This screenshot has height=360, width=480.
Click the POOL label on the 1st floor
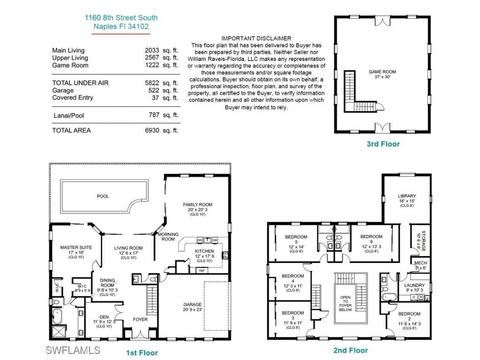pos(103,196)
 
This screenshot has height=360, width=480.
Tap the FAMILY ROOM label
pos(197,204)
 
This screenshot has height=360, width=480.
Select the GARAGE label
pos(193,304)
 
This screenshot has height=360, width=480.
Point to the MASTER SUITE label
pos(76,247)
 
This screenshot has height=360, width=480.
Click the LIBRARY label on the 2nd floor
pos(407,196)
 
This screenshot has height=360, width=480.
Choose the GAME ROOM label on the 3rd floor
pos(382,72)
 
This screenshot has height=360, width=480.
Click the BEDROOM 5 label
pos(296,237)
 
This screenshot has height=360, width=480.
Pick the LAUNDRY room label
pos(414,285)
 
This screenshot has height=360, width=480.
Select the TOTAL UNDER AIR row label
pos(80,83)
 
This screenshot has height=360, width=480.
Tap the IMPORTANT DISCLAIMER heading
pos(256,38)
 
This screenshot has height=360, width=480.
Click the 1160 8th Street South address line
pos(121,18)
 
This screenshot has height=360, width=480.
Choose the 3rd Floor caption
pos(383,144)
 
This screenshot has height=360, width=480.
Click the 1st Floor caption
pos(142,352)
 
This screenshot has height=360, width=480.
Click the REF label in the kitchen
pos(202,270)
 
